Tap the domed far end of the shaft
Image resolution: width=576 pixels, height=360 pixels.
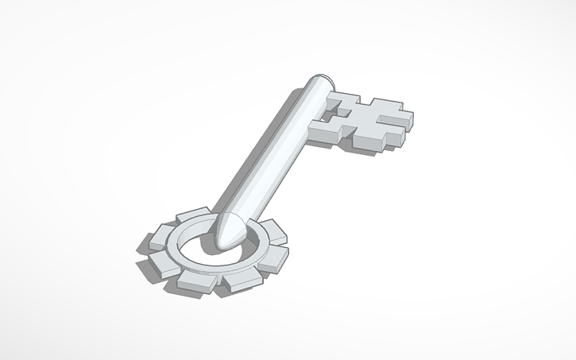(x=321, y=82)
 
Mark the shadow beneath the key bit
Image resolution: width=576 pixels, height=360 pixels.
(x=334, y=147)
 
